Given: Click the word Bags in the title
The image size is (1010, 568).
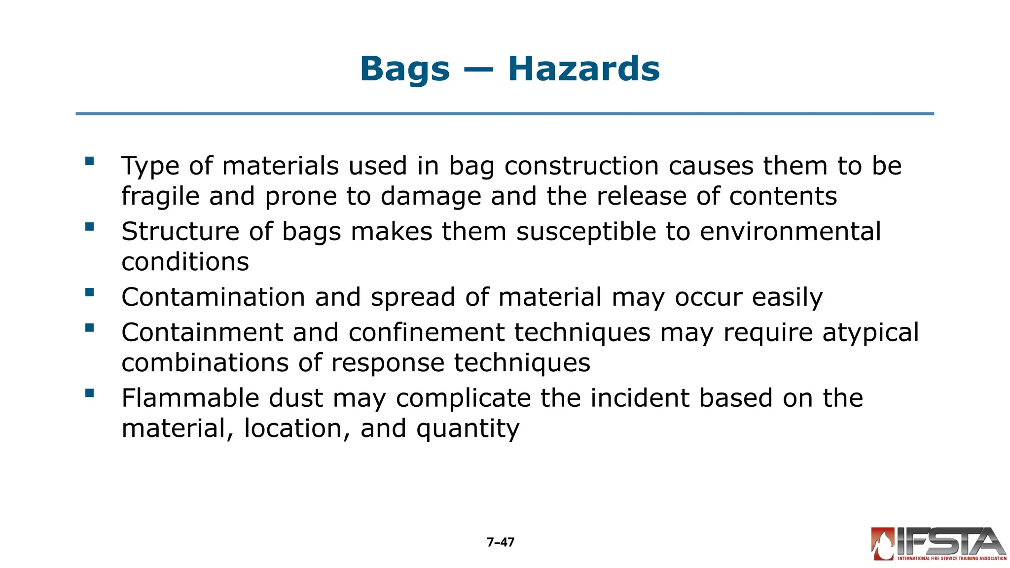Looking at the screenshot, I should click(404, 69).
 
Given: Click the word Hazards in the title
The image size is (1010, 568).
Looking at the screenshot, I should click(584, 69).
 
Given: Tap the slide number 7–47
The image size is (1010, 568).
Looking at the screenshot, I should click(501, 542).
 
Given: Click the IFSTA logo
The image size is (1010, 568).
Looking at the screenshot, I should click(938, 544).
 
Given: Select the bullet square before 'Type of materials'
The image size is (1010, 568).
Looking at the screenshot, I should click(89, 161).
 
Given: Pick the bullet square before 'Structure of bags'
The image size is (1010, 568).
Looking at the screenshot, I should click(89, 227).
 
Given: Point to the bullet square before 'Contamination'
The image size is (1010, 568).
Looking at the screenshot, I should click(89, 292).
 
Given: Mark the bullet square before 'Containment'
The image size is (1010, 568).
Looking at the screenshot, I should click(89, 327).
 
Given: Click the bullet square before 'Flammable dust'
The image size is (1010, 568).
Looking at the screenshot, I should click(89, 393).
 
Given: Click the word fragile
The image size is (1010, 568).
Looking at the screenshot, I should click(161, 197).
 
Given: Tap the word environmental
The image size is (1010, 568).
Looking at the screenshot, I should click(790, 232).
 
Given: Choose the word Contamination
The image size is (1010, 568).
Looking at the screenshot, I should click(214, 297).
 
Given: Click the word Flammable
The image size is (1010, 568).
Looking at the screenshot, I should click(190, 398).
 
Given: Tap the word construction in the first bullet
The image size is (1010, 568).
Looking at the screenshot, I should click(581, 166).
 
